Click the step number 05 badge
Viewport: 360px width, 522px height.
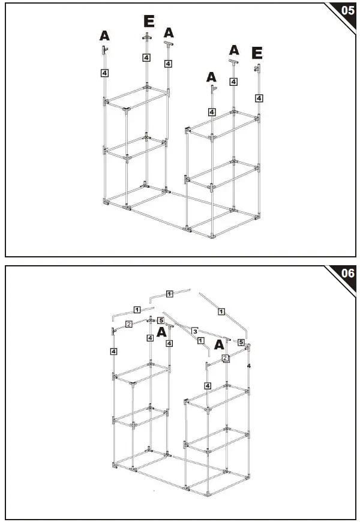point(347,11)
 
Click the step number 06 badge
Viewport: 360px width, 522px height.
point(347,274)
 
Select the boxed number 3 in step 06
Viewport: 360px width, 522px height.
point(195,331)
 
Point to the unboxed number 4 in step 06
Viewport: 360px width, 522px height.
point(248,365)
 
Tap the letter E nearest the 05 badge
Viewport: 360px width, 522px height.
point(257,54)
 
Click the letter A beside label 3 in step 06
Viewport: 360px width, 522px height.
point(220,345)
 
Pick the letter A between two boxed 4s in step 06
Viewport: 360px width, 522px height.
point(161,332)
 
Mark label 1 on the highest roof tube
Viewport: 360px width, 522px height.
point(169,293)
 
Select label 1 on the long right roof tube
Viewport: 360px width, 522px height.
point(221,311)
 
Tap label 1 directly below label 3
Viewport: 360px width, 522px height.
point(200,341)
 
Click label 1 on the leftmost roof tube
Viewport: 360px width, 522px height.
point(137,310)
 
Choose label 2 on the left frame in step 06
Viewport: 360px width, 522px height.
point(128,324)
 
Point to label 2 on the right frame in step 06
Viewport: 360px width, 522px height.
point(225,358)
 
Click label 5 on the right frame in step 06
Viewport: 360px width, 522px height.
point(241,343)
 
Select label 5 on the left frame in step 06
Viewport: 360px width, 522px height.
point(160,320)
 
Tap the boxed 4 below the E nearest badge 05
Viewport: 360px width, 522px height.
point(259,97)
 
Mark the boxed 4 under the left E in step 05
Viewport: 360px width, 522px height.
point(146,58)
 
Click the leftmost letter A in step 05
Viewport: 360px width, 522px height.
point(104,36)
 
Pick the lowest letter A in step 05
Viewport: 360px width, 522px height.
point(211,77)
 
